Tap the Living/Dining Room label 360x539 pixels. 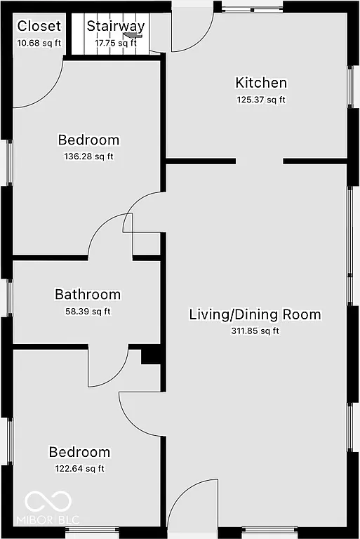pyautogui.click(x=255, y=314)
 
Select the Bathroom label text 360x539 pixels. pyautogui.click(x=88, y=295)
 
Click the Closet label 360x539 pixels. pyautogui.click(x=39, y=27)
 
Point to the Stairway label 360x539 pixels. pyautogui.click(x=116, y=27)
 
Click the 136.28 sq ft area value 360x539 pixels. pyautogui.click(x=88, y=156)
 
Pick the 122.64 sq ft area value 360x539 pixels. pyautogui.click(x=79, y=469)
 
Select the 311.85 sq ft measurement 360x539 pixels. pyautogui.click(x=255, y=331)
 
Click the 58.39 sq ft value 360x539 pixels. pyautogui.click(x=88, y=312)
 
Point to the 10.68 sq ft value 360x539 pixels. pyautogui.click(x=39, y=43)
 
